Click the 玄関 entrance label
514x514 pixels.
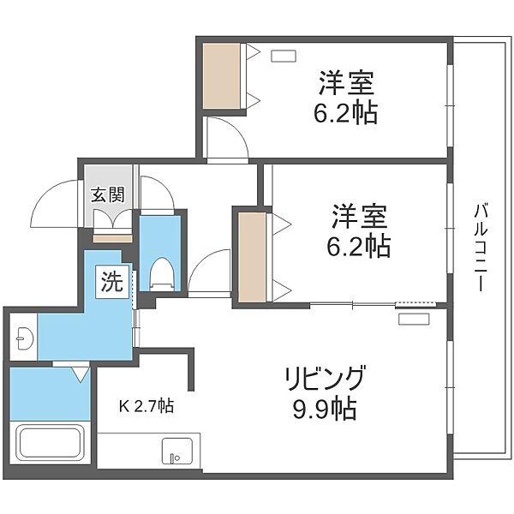(108, 195)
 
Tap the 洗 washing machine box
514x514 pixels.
(112, 282)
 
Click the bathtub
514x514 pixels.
(51, 443)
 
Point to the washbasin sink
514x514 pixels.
(24, 338)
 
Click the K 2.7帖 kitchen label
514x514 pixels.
(146, 406)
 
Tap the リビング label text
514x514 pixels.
(325, 378)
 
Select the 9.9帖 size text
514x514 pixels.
(325, 409)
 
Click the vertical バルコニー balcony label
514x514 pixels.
(481, 248)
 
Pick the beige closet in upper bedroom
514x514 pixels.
(221, 76)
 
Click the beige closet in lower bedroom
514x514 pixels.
(252, 257)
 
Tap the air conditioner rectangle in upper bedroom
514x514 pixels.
(284, 56)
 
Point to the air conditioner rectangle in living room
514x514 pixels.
(414, 319)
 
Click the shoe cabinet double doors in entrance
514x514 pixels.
(112, 218)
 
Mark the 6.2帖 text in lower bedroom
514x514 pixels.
(358, 246)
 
